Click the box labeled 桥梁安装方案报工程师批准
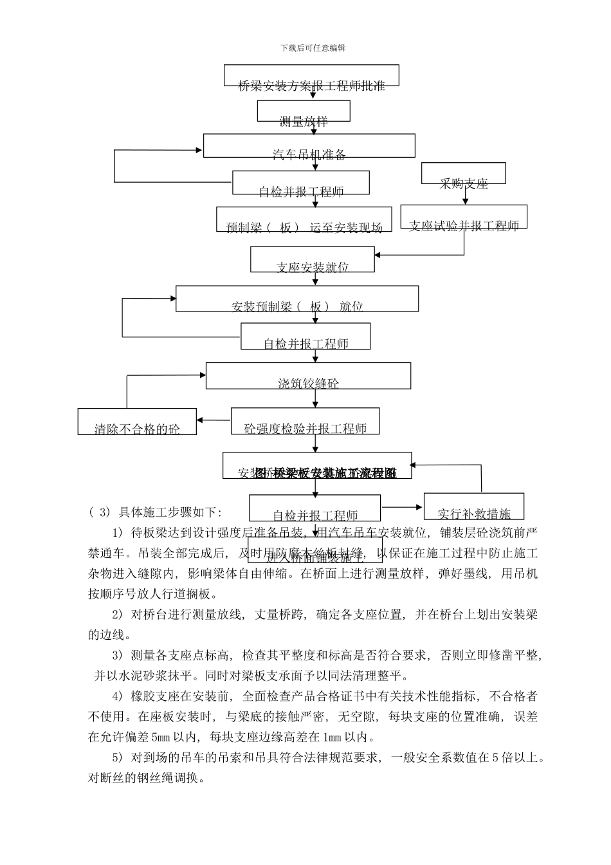tap(311, 75)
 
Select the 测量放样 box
tap(304, 111)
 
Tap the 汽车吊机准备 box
tap(309, 145)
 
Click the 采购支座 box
tap(463, 174)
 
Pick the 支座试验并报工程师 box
tap(464, 217)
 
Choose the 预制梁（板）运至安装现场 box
tap(304, 219)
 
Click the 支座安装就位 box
tap(312, 259)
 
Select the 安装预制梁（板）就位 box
tap(297, 299)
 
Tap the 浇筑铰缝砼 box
tap(308, 376)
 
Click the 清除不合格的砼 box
tap(137, 422)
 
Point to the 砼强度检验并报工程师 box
tap(305, 421)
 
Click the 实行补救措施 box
tap(474, 507)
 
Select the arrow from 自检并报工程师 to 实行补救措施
tap(402, 507)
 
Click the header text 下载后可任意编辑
tap(313, 48)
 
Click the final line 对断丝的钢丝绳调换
tap(147, 777)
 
